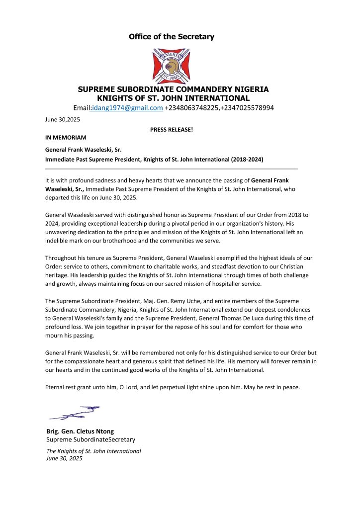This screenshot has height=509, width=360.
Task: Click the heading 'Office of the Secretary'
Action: click(172, 37)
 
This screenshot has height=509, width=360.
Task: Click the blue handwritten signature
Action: click(74, 413)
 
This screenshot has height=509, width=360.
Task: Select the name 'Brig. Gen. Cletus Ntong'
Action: click(80, 431)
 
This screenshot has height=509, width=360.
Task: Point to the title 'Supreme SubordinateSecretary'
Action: click(90, 439)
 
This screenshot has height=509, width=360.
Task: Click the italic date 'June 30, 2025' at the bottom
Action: click(64, 458)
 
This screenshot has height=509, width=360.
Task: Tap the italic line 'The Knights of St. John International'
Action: click(93, 451)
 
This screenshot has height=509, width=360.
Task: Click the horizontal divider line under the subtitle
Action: click(172, 169)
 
